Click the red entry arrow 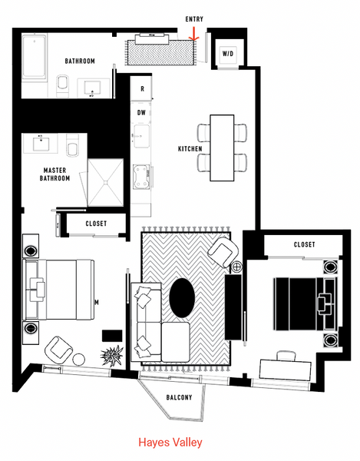[x=193, y=34]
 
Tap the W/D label [x=228, y=54]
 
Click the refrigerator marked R [x=141, y=88]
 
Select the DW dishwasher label [x=141, y=113]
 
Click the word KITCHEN [x=190, y=149]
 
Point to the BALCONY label [x=179, y=397]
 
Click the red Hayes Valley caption [x=170, y=443]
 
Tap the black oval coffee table [x=182, y=298]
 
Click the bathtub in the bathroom [x=35, y=57]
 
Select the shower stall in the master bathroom [x=105, y=182]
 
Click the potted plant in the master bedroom [x=111, y=355]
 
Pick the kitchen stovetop [x=141, y=177]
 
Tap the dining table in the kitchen [x=222, y=148]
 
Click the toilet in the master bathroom [x=72, y=145]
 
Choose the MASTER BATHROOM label [x=54, y=174]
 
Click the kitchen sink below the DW [x=141, y=136]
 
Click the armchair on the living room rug [x=223, y=252]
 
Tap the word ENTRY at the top [x=194, y=19]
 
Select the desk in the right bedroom [x=285, y=370]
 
